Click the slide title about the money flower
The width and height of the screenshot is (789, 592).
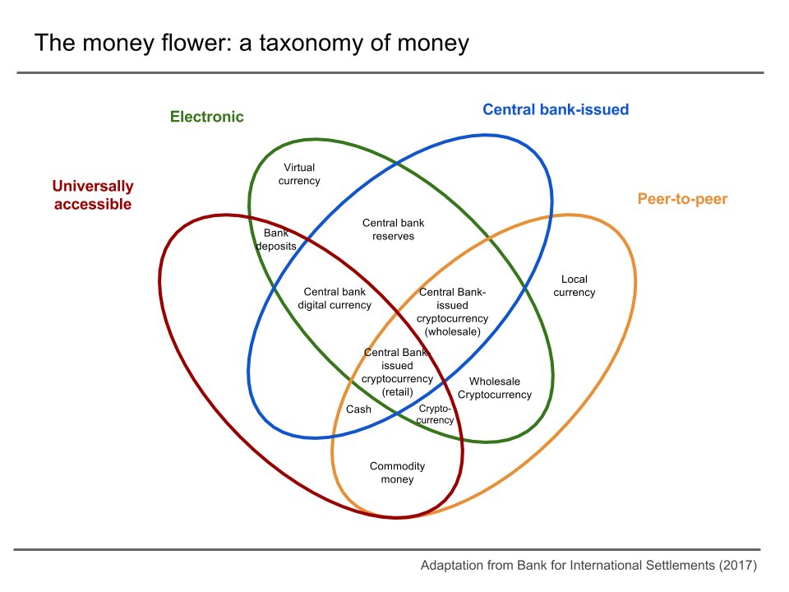coord(251,43)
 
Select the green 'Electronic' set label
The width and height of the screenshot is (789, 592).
coord(207,117)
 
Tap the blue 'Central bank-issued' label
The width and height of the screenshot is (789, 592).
coord(556,109)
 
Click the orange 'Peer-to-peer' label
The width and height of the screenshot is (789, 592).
coord(682,199)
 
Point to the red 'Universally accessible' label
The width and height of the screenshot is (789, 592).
coord(92,196)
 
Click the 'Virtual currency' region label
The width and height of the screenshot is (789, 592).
coord(299,174)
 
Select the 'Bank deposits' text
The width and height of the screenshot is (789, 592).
coord(276,239)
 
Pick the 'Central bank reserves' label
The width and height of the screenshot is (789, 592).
coord(394,229)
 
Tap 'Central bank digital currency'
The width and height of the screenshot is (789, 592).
coord(335,298)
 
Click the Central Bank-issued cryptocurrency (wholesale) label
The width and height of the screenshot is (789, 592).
coord(453,312)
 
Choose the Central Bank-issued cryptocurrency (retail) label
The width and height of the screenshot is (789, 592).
coord(398,372)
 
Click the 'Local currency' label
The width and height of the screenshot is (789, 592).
coord(574,286)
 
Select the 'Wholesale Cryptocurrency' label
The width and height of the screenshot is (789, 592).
coord(495,388)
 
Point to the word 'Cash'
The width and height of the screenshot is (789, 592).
coord(358,409)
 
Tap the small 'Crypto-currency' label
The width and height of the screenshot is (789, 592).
coord(436,414)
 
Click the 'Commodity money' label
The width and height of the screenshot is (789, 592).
coord(397,473)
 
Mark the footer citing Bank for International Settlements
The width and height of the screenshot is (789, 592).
coord(588,566)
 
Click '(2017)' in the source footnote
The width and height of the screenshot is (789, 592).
coord(736,566)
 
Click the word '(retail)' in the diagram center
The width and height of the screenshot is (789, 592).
coord(398,392)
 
